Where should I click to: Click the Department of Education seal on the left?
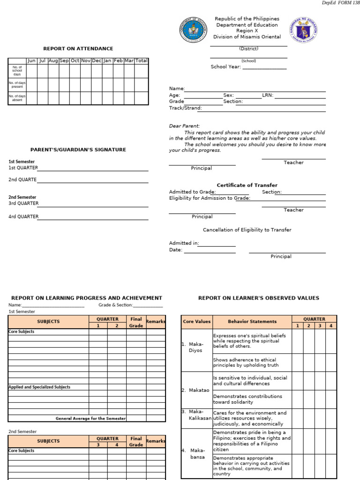coord(193,30)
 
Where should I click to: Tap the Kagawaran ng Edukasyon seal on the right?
coord(303,30)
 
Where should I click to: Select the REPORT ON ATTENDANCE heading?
coord(78,49)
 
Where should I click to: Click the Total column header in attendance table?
coord(142,61)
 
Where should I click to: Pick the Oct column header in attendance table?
coord(75,61)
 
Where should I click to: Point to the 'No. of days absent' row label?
coord(17,98)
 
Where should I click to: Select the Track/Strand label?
coord(186,108)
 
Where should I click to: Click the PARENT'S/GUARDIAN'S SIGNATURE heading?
coord(78,150)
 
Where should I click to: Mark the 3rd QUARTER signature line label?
coord(23,203)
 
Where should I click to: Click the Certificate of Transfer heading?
coord(247,185)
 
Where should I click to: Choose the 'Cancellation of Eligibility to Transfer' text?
coord(247,230)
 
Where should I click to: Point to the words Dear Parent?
coord(184,126)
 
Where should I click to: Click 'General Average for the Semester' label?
coord(90,419)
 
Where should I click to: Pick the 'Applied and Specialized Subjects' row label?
coord(39,387)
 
